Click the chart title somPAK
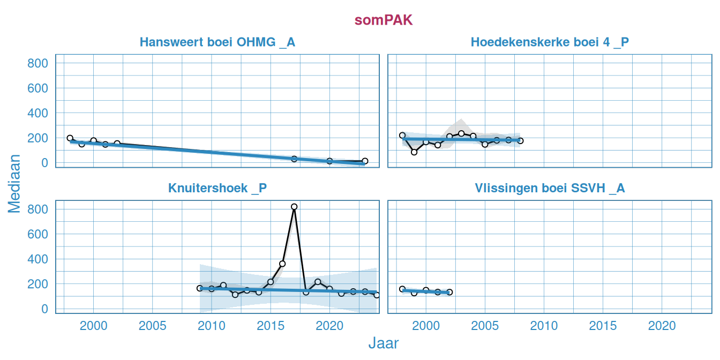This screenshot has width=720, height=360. pyautogui.click(x=384, y=20)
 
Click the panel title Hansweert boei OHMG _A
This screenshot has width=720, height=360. pyautogui.click(x=217, y=42)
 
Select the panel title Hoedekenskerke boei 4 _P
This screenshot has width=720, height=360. pyautogui.click(x=550, y=42)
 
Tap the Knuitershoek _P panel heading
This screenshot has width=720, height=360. pyautogui.click(x=217, y=189)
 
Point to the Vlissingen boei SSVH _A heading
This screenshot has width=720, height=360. pyautogui.click(x=550, y=189)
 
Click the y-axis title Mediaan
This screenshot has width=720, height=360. pyautogui.click(x=14, y=183)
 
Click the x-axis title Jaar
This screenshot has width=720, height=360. pyautogui.click(x=384, y=343)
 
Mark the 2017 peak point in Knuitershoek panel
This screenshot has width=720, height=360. pyautogui.click(x=294, y=207)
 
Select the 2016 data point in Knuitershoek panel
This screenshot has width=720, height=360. pyautogui.click(x=282, y=264)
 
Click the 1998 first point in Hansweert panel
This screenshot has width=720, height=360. pyautogui.click(x=70, y=138)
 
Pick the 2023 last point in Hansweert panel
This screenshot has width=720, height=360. pyautogui.click(x=365, y=161)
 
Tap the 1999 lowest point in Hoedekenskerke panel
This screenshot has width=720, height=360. pyautogui.click(x=414, y=152)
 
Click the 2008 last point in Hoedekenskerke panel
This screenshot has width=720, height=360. pyautogui.click(x=520, y=141)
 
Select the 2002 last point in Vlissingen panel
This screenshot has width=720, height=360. pyautogui.click(x=449, y=292)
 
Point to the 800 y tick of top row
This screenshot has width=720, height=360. pyautogui.click(x=37, y=63)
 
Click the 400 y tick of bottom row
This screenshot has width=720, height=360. pyautogui.click(x=37, y=259)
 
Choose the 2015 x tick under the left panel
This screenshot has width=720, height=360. pyautogui.click(x=271, y=326)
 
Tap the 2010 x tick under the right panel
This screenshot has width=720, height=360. pyautogui.click(x=544, y=326)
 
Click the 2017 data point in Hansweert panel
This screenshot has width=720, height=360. pyautogui.click(x=294, y=159)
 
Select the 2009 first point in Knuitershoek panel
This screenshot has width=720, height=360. pyautogui.click(x=200, y=288)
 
